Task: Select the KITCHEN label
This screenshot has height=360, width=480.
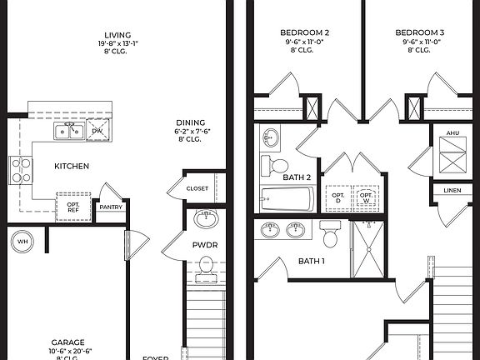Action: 72,167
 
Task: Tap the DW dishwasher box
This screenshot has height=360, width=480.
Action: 97,131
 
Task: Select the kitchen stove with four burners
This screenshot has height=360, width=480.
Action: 21,171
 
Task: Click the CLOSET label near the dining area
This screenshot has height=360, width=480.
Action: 197,188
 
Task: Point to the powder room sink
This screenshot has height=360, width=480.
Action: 205,220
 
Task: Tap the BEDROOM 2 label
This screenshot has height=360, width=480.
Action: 298,33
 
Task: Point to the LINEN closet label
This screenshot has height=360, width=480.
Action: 452,191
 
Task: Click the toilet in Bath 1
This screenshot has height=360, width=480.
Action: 330,236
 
